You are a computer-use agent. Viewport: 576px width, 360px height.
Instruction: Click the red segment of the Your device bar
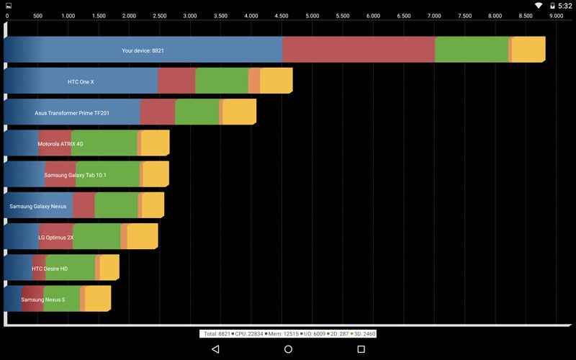(x=359, y=50)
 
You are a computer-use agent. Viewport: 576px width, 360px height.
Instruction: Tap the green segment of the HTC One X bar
(x=222, y=81)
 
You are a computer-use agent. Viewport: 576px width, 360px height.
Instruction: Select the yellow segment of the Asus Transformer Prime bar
(x=240, y=112)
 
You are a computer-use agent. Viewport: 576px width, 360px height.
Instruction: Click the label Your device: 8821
(x=143, y=50)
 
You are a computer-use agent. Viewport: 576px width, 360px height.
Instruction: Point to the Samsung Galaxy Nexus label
(x=38, y=207)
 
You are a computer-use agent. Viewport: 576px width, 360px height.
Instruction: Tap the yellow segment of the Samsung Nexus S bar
(x=98, y=299)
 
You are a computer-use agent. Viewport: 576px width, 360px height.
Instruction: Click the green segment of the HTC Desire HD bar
(x=71, y=267)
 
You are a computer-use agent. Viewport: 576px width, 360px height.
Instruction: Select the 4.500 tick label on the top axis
(x=282, y=16)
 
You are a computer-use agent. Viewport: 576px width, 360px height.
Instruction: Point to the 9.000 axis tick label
(x=556, y=16)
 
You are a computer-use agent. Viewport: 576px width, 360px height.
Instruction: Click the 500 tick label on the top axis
(x=37, y=16)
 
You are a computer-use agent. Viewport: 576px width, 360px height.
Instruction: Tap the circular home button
(x=289, y=349)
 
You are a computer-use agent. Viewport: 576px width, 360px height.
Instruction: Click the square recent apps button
(x=361, y=349)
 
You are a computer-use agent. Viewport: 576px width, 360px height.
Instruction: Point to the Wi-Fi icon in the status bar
(x=539, y=6)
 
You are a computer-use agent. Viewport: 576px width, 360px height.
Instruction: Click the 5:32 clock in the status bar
(x=565, y=6)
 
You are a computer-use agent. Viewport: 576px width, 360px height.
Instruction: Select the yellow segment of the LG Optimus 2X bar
(x=143, y=236)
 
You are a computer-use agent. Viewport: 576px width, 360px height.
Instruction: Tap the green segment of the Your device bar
(x=472, y=50)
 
